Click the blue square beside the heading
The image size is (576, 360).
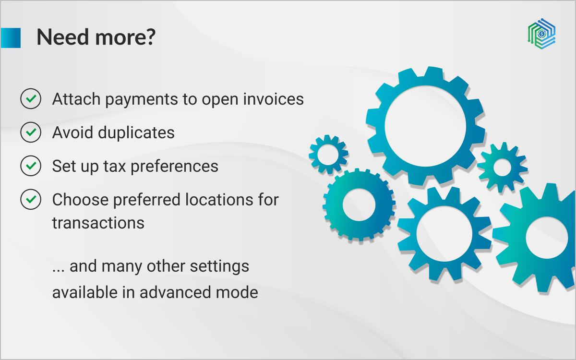(x=11, y=38)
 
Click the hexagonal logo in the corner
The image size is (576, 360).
(x=541, y=34)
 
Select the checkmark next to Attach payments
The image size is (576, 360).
(x=31, y=98)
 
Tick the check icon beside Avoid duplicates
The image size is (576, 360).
(x=31, y=132)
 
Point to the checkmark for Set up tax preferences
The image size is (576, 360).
(x=31, y=166)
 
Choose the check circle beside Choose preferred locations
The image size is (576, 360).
(x=31, y=199)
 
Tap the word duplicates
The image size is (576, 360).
(x=136, y=133)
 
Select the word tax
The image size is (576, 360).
(x=115, y=167)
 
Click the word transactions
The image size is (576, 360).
(x=98, y=223)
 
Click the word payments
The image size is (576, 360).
(x=142, y=100)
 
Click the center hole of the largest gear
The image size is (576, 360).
(x=425, y=126)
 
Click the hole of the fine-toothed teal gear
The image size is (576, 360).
(x=359, y=204)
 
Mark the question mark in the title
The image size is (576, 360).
(x=149, y=37)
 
